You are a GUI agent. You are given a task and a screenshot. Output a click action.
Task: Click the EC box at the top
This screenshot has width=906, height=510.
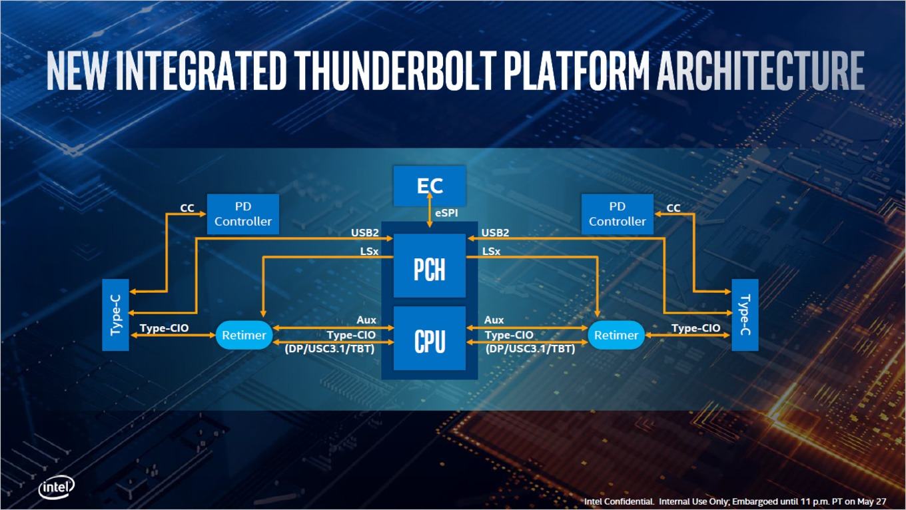[430, 186]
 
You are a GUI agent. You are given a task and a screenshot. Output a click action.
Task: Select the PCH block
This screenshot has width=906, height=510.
[430, 266]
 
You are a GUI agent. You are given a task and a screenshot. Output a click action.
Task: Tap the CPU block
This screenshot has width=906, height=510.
[430, 338]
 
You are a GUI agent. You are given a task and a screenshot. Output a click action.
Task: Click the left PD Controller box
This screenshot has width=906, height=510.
[243, 214]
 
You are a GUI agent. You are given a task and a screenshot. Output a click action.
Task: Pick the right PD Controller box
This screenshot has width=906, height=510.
[617, 214]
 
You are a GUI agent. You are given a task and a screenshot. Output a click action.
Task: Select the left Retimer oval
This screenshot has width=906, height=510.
[244, 335]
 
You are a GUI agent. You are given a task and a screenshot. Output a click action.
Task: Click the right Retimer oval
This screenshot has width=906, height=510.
[616, 335]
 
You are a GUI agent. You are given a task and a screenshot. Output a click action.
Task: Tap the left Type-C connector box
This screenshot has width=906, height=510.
[116, 315]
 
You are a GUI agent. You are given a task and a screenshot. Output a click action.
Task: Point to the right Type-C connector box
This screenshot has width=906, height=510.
[745, 315]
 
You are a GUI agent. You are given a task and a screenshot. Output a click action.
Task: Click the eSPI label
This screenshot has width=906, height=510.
[446, 213]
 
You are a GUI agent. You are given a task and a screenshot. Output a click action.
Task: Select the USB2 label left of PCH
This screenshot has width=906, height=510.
[365, 233]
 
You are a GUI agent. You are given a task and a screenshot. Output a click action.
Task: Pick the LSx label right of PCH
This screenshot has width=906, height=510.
[491, 252]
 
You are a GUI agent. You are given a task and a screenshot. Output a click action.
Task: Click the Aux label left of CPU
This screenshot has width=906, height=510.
[366, 320]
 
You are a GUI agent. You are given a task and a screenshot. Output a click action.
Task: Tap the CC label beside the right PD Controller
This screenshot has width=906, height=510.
[674, 208]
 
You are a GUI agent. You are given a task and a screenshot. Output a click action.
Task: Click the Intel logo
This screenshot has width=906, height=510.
[57, 488]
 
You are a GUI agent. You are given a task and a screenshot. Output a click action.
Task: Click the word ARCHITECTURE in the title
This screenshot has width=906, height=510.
[760, 71]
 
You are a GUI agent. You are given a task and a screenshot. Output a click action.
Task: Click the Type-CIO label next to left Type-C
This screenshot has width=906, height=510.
[164, 328]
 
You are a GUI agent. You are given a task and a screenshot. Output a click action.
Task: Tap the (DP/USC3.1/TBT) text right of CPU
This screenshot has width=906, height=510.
[530, 348]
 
